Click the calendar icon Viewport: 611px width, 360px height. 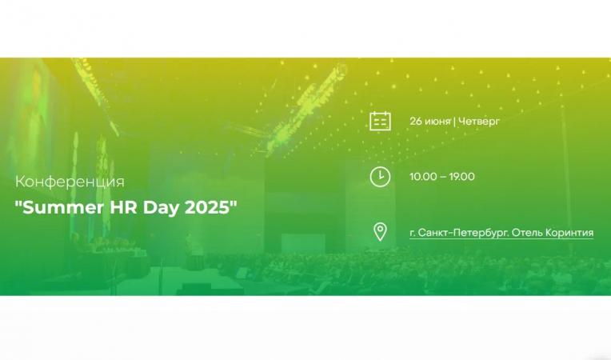click(x=380, y=122)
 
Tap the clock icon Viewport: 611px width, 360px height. click(x=380, y=177)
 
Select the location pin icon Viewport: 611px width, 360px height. click(x=380, y=232)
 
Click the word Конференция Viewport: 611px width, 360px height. click(x=70, y=182)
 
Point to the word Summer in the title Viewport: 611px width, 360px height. click(x=62, y=206)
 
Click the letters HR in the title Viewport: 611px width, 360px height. click(x=124, y=206)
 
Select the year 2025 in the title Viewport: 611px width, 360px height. click(x=208, y=206)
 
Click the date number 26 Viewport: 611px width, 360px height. click(x=416, y=122)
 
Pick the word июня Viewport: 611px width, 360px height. click(x=437, y=122)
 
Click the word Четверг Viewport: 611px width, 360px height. click(x=478, y=122)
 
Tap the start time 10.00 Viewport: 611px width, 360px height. click(x=422, y=177)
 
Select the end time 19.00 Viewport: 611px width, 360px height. click(x=461, y=177)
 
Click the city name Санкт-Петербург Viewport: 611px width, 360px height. click(x=460, y=233)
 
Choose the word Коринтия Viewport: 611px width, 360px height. click(x=569, y=233)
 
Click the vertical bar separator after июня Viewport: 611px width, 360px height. click(x=454, y=122)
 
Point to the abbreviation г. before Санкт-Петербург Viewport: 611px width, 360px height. click(x=413, y=233)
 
